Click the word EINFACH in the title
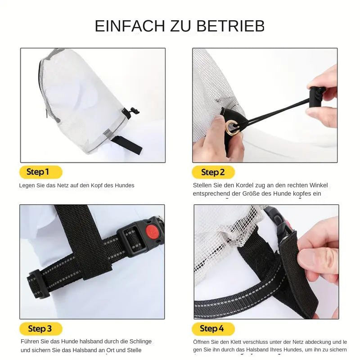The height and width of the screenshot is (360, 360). [x=130, y=26]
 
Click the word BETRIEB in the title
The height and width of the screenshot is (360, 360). [x=230, y=26]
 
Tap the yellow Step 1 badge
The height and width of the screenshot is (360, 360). [x=40, y=172]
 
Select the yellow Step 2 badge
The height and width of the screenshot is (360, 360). [x=213, y=172]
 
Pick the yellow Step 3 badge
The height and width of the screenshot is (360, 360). [x=40, y=329]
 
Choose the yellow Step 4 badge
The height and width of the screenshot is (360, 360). [x=213, y=329]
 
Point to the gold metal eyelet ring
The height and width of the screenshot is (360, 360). [x=232, y=126]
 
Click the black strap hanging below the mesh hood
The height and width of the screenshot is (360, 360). [x=127, y=145]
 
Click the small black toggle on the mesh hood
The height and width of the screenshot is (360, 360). [x=130, y=112]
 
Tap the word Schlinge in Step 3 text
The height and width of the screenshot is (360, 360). [x=140, y=342]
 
